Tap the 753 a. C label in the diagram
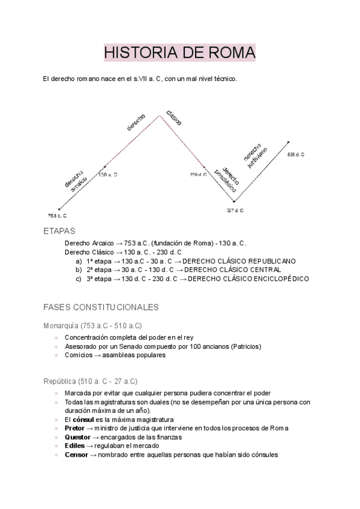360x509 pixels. coord(58,214)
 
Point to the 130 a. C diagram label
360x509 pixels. coord(107,174)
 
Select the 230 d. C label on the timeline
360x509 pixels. coord(198,174)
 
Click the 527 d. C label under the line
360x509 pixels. coord(235,210)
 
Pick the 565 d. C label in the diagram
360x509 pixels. coord(296,154)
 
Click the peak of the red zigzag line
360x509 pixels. coord(159,115)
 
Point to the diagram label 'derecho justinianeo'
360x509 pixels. coord(256,154)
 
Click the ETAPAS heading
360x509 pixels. coord(59,231)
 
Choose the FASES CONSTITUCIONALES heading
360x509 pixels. coord(101,307)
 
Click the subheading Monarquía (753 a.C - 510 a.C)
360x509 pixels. coord(92,325)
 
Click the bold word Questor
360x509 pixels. coord(77,437)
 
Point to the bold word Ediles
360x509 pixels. coord(74,446)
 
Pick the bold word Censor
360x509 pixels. coord(76,455)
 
